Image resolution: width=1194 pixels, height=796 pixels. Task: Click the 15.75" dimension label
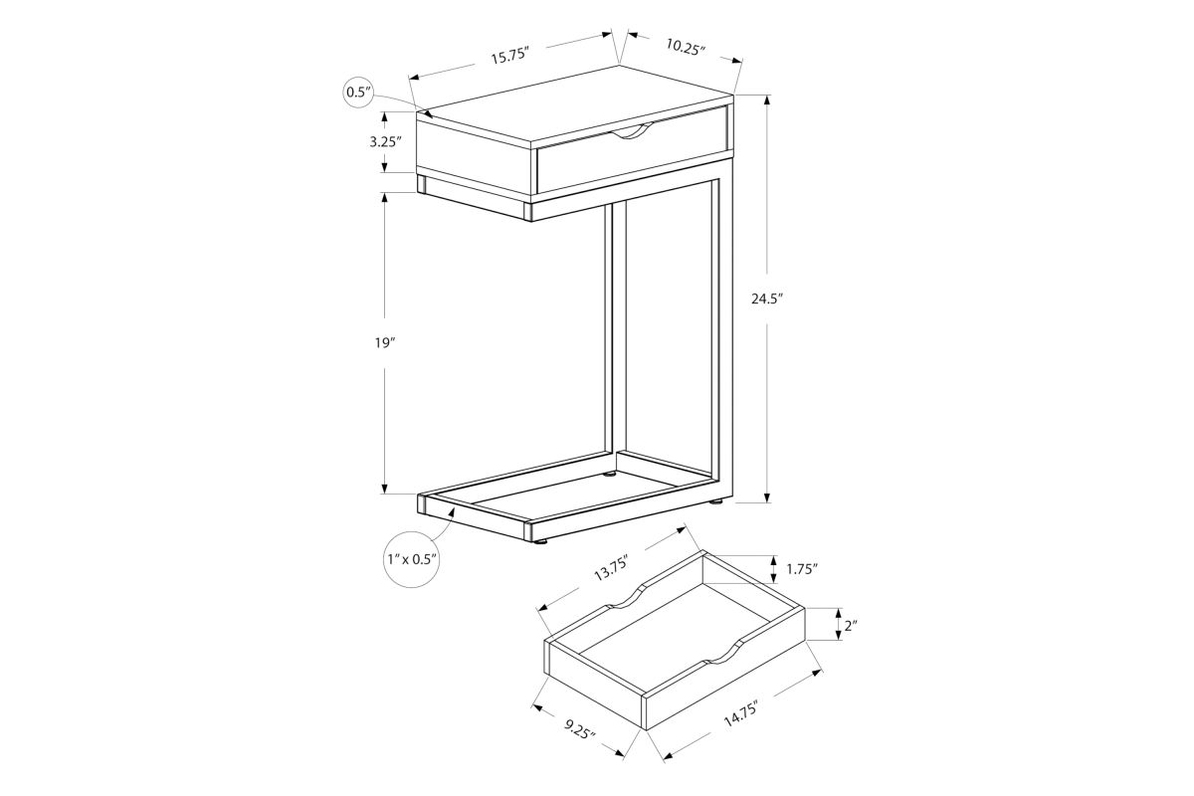pos(509,56)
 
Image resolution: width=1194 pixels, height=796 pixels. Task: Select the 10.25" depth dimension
pos(686,47)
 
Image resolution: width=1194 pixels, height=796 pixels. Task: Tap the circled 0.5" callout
pos(358,93)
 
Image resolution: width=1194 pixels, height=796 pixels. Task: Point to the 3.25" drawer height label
pos(385,142)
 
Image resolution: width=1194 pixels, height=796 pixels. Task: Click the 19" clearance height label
pos(384,343)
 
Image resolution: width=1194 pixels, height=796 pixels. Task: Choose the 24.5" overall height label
pos(767,299)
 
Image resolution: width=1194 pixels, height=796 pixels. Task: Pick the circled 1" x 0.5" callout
pos(412,560)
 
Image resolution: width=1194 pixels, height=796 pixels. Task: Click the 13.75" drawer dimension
pos(612,568)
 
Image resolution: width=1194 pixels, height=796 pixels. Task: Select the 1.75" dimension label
pos(802,569)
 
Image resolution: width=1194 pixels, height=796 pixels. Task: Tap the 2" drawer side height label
pos(851,626)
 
